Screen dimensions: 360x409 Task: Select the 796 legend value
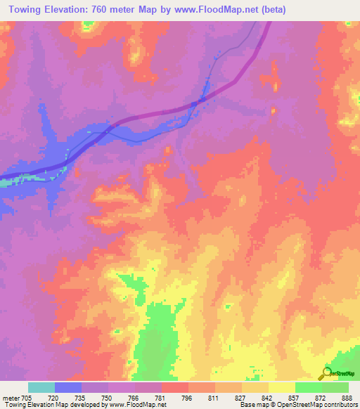click(187, 398)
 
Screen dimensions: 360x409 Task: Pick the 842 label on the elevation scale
click(267, 398)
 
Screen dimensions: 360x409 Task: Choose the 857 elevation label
click(294, 398)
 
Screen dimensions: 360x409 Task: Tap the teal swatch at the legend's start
click(41, 387)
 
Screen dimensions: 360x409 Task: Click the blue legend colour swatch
click(68, 387)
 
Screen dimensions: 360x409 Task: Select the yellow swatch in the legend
click(281, 387)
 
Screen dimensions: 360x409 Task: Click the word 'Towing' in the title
click(23, 9)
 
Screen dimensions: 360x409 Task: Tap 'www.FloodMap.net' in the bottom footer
click(136, 405)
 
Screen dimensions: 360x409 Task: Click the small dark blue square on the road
click(202, 99)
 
